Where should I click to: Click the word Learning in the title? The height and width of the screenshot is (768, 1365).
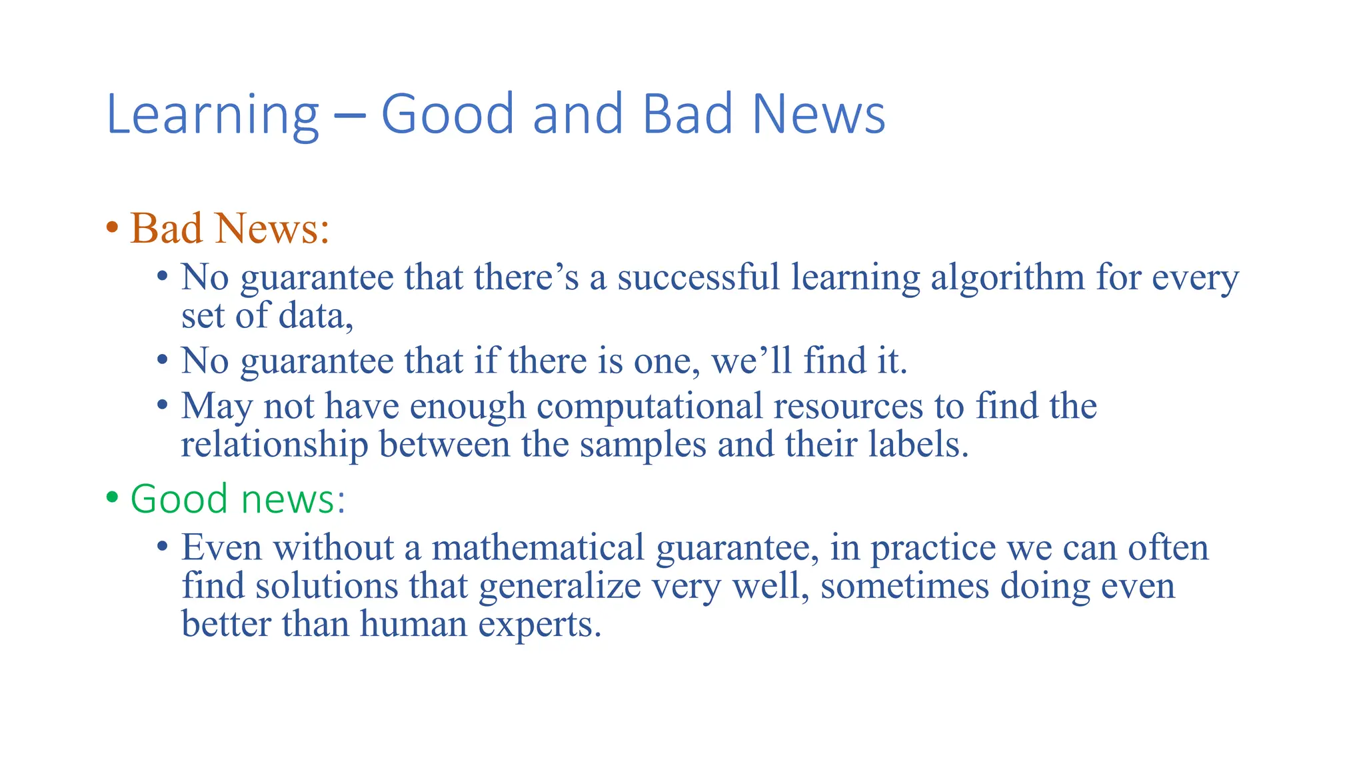(x=213, y=115)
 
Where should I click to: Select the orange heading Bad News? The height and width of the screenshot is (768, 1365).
(x=230, y=229)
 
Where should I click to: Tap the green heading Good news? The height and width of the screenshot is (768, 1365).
(x=238, y=499)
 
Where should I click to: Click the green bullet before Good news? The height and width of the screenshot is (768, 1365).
(x=112, y=498)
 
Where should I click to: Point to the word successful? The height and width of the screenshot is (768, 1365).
(x=698, y=277)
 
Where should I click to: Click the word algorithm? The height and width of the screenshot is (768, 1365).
(x=1008, y=278)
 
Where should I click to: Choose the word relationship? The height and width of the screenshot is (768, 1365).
(x=275, y=445)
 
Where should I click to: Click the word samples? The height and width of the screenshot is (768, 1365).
(x=643, y=445)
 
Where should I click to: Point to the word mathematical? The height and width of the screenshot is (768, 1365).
(x=538, y=547)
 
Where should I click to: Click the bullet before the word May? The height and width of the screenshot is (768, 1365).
(x=163, y=405)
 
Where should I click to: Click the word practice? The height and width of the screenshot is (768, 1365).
(x=933, y=548)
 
